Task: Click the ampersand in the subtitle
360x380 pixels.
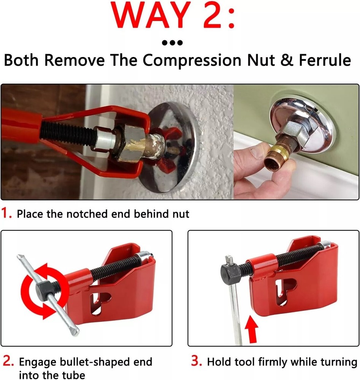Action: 270,60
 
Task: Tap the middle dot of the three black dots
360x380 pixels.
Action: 172,43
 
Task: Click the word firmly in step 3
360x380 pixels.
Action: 276,361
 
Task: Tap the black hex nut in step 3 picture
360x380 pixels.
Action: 230,272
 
